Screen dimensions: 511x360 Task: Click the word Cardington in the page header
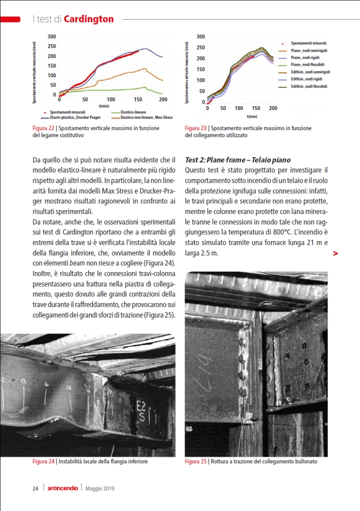(89, 19)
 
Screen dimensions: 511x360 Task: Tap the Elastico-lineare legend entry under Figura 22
(134, 112)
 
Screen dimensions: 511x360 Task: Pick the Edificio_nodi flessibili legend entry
(309, 86)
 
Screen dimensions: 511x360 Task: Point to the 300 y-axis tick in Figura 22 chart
(52, 36)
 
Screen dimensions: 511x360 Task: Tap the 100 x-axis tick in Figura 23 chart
(239, 108)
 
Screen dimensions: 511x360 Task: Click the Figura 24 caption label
(44, 462)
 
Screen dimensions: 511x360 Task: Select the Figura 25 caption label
(196, 462)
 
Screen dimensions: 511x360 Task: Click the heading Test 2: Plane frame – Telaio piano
(238, 160)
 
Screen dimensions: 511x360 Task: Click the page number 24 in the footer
(35, 489)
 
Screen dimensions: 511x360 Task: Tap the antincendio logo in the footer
(63, 489)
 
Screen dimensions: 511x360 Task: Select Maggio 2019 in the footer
(100, 489)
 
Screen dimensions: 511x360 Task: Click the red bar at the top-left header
(10, 19)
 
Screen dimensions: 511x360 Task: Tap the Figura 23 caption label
(196, 128)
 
